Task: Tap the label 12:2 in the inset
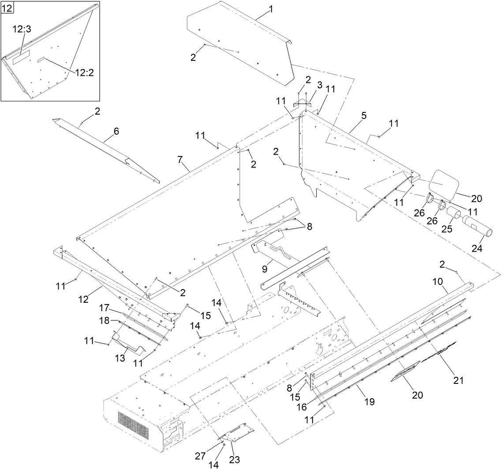pos(84,72)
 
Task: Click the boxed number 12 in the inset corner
pos(7,7)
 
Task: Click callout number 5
pos(363,116)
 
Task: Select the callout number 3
pos(319,85)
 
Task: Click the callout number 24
pos(477,248)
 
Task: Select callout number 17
pos(103,307)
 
